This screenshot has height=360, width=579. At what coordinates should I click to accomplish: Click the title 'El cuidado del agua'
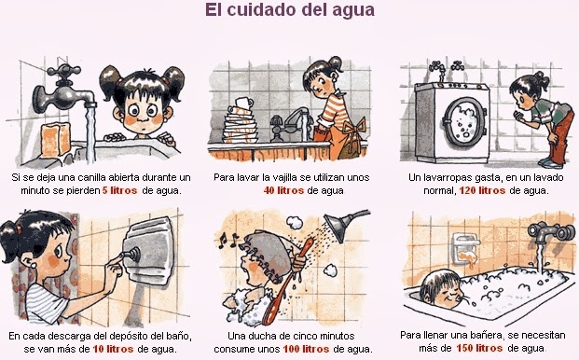(290, 11)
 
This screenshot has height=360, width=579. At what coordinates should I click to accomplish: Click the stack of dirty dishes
(241, 124)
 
